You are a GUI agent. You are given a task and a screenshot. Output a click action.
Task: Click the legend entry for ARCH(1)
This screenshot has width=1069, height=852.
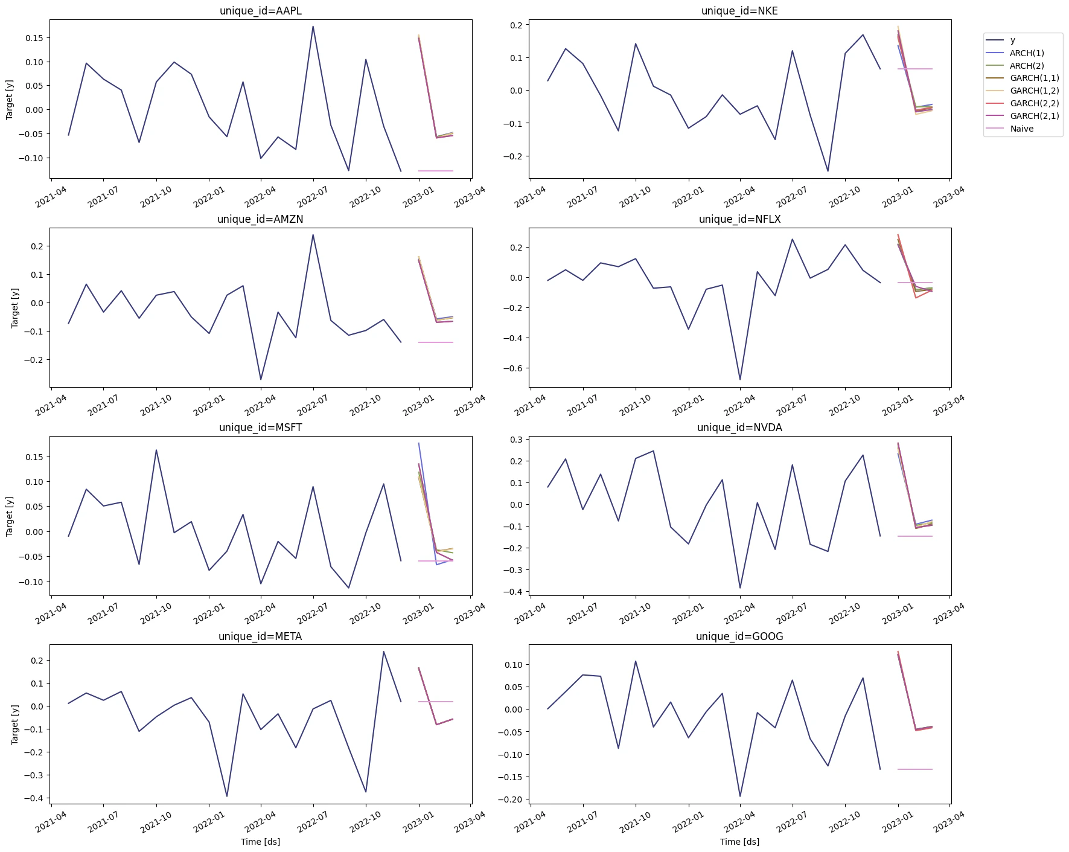[1026, 53]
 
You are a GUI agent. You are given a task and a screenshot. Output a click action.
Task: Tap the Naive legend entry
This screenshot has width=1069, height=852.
[1021, 129]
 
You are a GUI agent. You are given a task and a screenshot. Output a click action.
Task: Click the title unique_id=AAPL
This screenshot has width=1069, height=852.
[260, 11]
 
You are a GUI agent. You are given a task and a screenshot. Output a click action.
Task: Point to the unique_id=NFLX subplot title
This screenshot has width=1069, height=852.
[739, 219]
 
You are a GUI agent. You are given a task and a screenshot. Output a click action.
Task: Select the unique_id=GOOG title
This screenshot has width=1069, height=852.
[739, 636]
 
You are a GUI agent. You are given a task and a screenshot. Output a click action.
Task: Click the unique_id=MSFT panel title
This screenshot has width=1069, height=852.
[260, 428]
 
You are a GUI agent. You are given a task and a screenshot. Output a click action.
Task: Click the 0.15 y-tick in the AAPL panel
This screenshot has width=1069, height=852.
[34, 38]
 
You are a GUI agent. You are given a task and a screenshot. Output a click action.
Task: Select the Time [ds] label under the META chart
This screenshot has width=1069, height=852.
[260, 842]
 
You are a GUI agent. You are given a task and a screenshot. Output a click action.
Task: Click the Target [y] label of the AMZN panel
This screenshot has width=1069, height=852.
[14, 307]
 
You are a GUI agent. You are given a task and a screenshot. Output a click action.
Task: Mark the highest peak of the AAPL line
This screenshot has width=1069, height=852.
[313, 27]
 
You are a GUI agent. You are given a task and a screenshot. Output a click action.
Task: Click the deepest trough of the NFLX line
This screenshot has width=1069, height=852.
[740, 380]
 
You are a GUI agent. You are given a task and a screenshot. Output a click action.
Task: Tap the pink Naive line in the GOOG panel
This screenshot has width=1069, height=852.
[915, 769]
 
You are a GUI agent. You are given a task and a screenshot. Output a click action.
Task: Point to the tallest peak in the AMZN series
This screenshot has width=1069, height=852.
[313, 235]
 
